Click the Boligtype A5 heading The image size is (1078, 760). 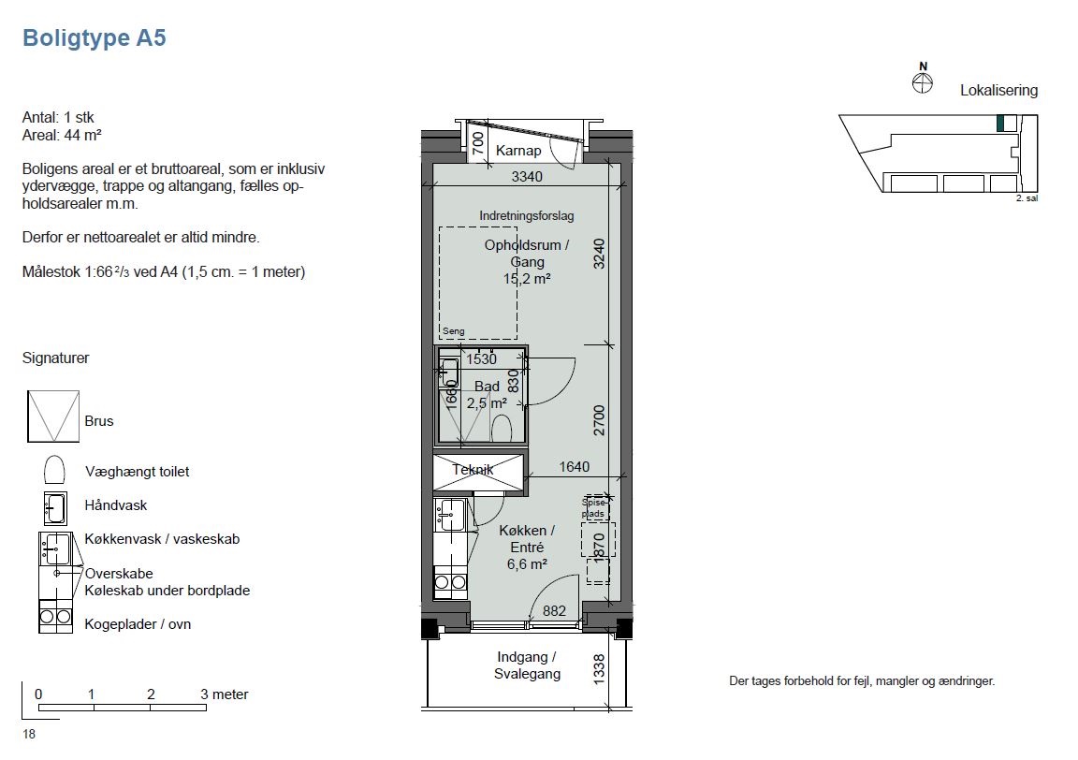[95, 37]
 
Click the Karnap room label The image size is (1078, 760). [518, 151]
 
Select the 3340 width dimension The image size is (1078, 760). [527, 177]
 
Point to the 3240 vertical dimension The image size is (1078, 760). [600, 253]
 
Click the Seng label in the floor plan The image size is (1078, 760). [453, 330]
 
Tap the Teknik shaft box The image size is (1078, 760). [478, 473]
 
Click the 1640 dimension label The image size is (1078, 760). [574, 467]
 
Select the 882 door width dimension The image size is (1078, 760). [554, 611]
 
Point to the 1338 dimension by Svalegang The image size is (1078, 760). [600, 668]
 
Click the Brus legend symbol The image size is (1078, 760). [53, 417]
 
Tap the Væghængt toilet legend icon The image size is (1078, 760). [54, 471]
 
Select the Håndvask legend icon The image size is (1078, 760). [55, 508]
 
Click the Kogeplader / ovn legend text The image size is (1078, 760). [138, 624]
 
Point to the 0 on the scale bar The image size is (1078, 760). [38, 694]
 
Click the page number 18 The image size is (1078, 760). [29, 734]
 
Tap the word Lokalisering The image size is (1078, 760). [999, 90]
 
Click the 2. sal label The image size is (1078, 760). [1027, 198]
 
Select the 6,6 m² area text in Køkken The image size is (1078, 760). [527, 564]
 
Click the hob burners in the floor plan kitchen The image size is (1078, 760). [450, 582]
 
